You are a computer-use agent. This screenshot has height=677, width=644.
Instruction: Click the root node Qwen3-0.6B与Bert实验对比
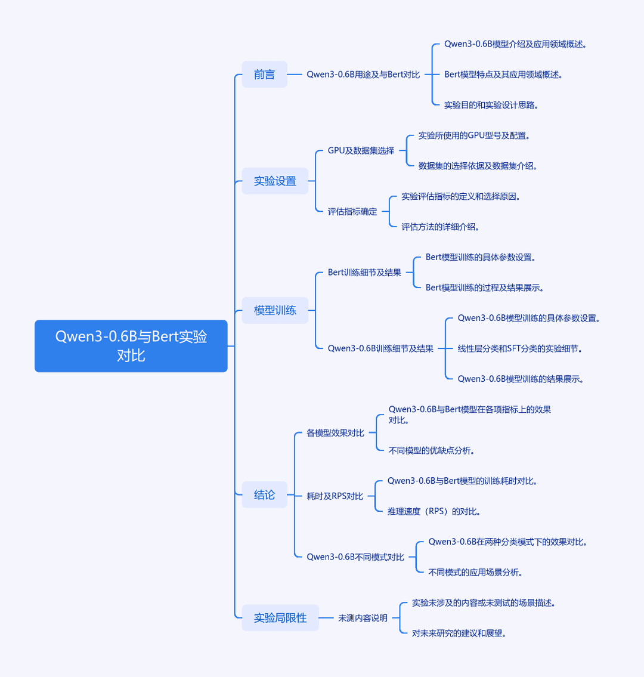point(131,346)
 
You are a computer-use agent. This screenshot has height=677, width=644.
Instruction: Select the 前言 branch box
point(264,75)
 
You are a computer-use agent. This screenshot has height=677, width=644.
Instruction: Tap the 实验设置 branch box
point(275,181)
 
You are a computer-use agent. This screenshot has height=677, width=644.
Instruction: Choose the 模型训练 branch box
point(275,310)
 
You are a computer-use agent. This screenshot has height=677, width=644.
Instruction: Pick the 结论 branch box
point(264,495)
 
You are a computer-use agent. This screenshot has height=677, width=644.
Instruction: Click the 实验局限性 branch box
point(280,618)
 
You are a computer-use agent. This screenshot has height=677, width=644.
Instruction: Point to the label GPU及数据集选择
point(361,151)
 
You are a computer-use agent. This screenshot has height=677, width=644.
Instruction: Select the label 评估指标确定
point(352,212)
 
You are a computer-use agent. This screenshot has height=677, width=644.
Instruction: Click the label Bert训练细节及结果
point(364,273)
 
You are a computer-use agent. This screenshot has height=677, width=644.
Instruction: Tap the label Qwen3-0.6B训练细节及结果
point(380,348)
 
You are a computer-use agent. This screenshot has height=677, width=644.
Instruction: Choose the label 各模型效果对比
point(335,433)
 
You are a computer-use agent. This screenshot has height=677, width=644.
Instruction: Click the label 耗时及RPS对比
point(335,496)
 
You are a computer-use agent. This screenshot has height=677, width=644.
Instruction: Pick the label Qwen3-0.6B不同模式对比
point(355,557)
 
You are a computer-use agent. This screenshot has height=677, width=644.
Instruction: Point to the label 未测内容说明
point(363,619)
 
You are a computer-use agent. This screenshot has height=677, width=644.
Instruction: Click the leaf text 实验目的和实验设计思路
point(491,105)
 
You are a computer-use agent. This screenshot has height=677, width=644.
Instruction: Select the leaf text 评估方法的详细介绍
point(440,227)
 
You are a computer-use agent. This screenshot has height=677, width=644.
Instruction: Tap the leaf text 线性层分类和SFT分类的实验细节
point(520,348)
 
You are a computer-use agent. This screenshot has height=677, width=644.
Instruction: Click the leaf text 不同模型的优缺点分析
point(432,450)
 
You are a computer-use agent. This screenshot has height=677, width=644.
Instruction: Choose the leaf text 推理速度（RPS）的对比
point(434,511)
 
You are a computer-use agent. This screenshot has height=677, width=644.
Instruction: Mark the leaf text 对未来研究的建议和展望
point(459,633)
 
